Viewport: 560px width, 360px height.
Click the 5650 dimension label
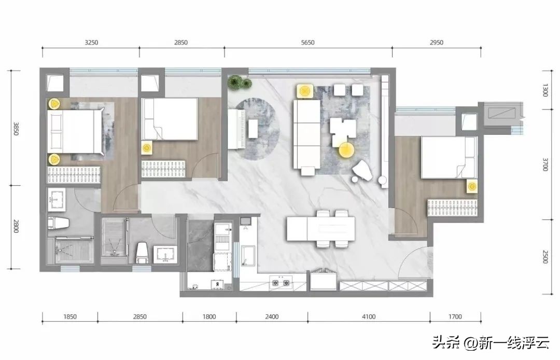tap(307, 43)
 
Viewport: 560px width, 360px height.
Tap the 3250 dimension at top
tap(91, 43)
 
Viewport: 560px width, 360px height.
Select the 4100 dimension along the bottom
tap(369, 316)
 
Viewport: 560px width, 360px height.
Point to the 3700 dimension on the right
tap(545, 164)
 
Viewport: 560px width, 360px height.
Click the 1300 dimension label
tap(545, 90)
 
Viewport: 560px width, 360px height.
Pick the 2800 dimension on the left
tap(16, 226)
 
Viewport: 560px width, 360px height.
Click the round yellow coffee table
tap(346, 150)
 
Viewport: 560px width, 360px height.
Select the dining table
tap(321, 229)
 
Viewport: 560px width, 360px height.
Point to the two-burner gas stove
tap(281, 283)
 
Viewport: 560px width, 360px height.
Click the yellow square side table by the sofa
tap(304, 92)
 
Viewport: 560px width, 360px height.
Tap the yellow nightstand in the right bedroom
tap(472, 186)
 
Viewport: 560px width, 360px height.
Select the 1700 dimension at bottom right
tap(455, 316)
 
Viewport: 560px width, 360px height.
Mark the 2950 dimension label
tap(437, 43)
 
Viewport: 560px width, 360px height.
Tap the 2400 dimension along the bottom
tap(272, 316)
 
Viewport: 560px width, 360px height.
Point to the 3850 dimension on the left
tap(16, 129)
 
